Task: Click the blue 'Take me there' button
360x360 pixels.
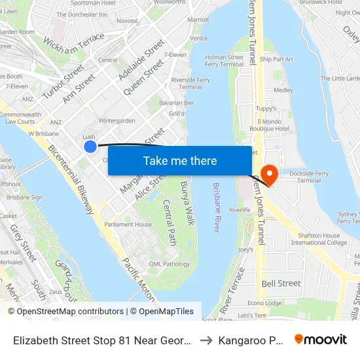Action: (x=179, y=161)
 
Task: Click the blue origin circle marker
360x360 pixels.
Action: (x=90, y=146)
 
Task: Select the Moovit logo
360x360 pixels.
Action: (x=321, y=339)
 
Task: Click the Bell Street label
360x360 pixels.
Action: (x=281, y=283)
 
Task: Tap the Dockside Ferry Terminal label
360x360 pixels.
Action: (x=318, y=176)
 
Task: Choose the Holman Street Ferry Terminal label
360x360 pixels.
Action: (x=225, y=61)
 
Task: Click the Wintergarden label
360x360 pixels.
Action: (x=117, y=120)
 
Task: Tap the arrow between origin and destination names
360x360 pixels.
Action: (x=205, y=340)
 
